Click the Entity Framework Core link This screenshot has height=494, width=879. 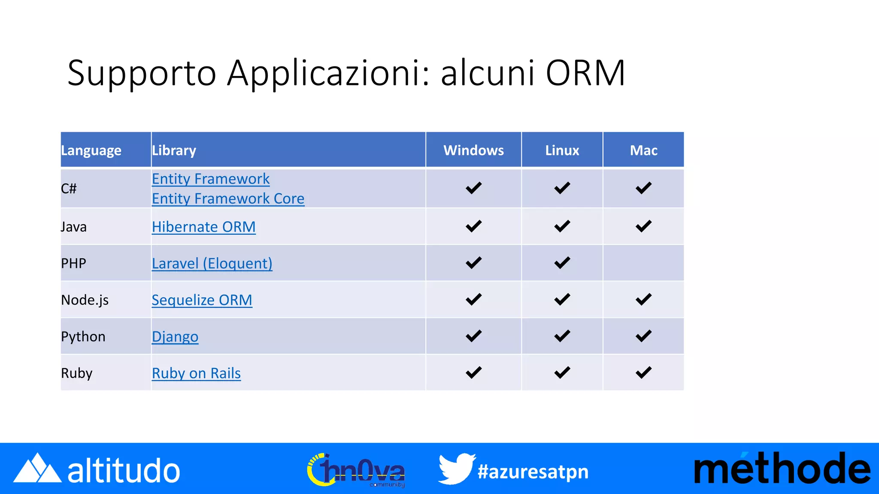228,199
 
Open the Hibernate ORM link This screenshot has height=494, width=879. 203,227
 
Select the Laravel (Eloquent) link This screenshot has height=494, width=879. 212,263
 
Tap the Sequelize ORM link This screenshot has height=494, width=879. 202,300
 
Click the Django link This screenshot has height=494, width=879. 175,337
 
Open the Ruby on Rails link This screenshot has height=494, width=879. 196,373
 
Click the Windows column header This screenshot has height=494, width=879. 473,150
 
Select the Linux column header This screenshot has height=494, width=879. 562,150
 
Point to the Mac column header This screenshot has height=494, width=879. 643,150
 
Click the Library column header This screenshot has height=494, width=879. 174,150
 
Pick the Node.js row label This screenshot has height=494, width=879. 85,300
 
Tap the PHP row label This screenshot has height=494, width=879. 73,263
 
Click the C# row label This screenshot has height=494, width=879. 69,189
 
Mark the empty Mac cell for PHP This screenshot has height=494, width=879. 643,263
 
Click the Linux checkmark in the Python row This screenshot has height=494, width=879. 562,336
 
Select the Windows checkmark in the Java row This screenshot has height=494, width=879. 473,226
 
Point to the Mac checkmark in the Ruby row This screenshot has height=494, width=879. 643,372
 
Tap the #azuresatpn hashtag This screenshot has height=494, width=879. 533,472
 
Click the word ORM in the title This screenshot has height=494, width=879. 585,73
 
